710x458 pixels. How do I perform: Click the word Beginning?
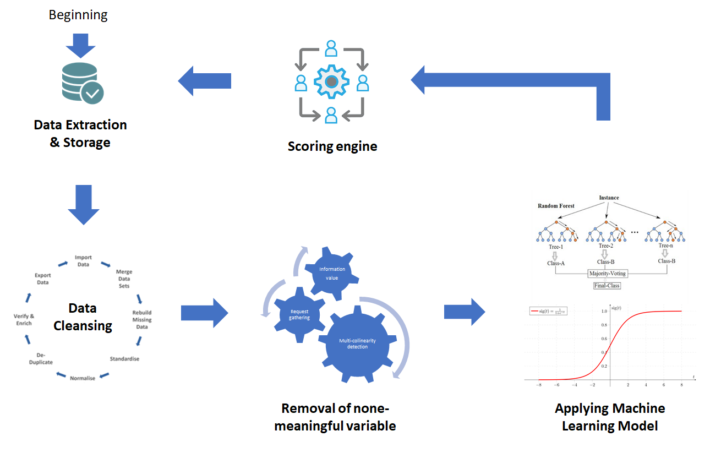click(78, 15)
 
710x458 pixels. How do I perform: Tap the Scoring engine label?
click(332, 146)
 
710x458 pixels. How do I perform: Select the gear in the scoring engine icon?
click(331, 81)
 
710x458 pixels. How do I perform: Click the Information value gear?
click(332, 273)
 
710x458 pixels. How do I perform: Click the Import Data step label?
click(83, 260)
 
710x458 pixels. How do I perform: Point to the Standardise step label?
click(124, 359)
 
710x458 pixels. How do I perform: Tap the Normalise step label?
click(83, 378)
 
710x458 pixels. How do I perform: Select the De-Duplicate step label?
click(41, 359)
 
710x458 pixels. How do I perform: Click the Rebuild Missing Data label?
click(142, 320)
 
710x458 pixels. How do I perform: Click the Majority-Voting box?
click(608, 273)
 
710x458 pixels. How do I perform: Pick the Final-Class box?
click(608, 286)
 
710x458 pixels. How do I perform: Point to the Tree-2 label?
click(605, 247)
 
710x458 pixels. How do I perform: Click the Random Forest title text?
click(556, 206)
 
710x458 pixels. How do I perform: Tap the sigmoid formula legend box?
click(548, 312)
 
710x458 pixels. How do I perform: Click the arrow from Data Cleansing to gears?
click(204, 313)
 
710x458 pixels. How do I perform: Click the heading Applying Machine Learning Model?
click(610, 417)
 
